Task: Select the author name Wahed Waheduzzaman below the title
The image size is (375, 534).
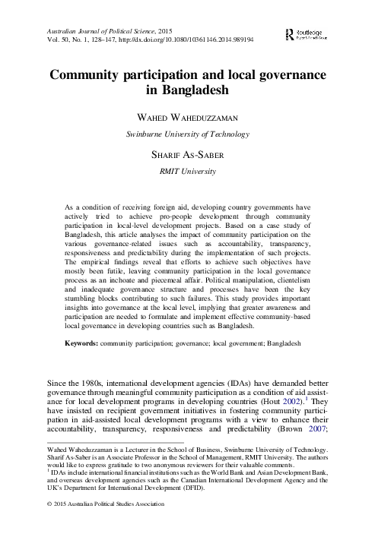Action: click(x=186, y=118)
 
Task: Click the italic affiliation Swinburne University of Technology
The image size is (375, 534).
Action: click(x=186, y=134)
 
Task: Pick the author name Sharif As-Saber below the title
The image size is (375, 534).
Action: click(x=186, y=154)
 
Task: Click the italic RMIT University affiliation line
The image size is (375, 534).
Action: click(x=186, y=172)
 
